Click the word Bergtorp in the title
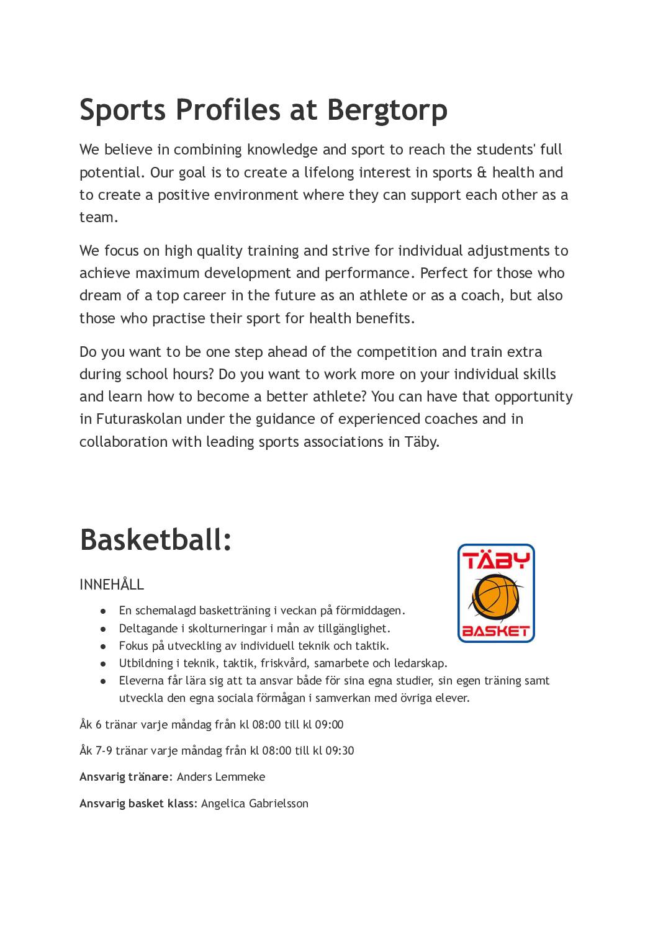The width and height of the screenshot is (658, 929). click(x=387, y=110)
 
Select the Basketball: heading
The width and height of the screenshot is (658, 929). click(x=156, y=539)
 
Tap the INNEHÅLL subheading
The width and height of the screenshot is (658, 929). click(x=112, y=585)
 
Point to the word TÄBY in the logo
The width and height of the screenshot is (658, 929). click(x=496, y=560)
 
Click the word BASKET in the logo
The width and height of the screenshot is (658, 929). click(x=496, y=632)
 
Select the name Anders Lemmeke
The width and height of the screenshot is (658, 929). click(x=221, y=777)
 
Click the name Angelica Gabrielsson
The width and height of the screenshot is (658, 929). click(x=255, y=804)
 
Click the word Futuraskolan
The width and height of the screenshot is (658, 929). click(x=139, y=419)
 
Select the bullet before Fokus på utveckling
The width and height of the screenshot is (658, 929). click(x=104, y=646)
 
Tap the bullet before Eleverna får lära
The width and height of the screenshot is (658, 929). click(x=104, y=681)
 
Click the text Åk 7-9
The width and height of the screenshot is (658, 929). click(x=96, y=751)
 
